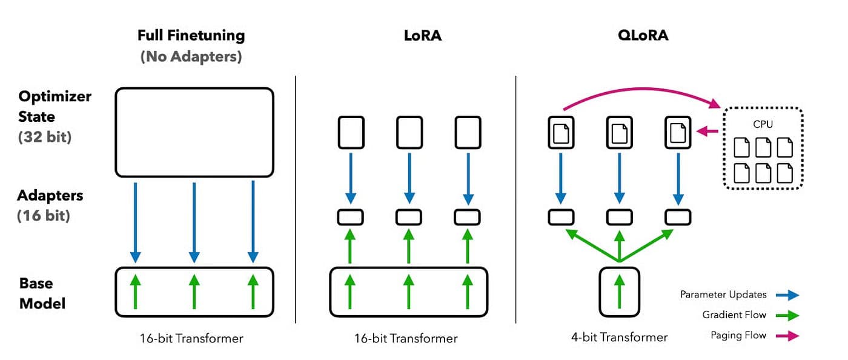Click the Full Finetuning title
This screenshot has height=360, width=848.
tap(191, 35)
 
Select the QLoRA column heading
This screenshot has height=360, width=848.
tap(643, 35)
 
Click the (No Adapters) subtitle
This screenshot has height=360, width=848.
tap(191, 57)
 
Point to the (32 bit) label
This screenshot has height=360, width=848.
tap(45, 137)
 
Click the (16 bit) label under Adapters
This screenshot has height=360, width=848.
tap(44, 215)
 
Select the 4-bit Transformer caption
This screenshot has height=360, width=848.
tap(619, 338)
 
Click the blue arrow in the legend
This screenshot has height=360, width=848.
tap(790, 295)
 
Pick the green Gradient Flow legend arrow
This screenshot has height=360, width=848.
tap(790, 315)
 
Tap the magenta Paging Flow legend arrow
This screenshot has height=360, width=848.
tap(790, 336)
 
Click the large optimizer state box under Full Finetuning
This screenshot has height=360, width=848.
tap(194, 133)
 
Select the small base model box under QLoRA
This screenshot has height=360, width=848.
tap(619, 292)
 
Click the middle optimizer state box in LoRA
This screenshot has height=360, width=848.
tap(409, 132)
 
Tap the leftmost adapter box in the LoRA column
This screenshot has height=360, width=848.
tap(351, 217)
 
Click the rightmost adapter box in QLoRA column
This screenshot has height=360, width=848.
tap(678, 217)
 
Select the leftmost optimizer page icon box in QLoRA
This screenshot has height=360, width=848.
tap(561, 132)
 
